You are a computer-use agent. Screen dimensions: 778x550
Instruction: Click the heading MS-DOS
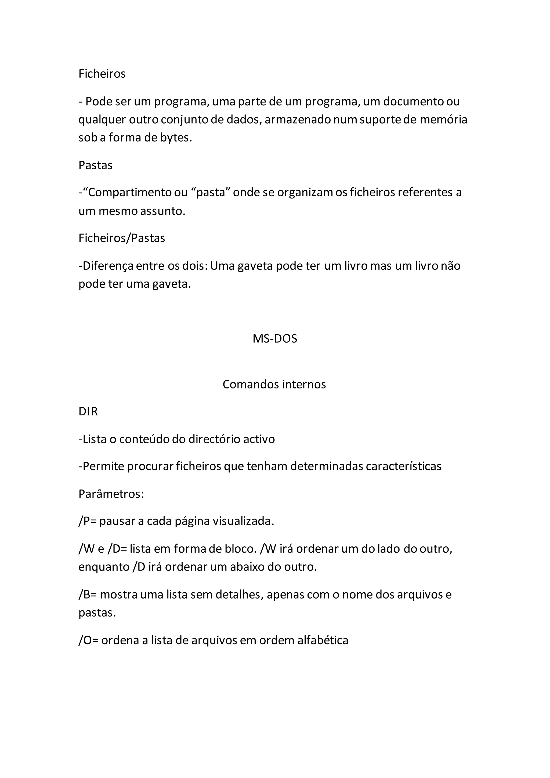(x=275, y=339)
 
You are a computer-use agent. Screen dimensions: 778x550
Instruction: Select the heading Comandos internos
(x=274, y=384)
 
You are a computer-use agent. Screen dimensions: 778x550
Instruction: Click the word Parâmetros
(x=110, y=494)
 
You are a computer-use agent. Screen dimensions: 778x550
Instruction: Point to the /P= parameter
(x=88, y=521)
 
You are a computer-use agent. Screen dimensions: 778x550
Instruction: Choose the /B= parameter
(x=88, y=595)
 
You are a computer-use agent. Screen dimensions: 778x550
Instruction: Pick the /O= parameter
(x=88, y=640)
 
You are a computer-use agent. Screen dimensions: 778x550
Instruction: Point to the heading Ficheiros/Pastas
(x=122, y=238)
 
